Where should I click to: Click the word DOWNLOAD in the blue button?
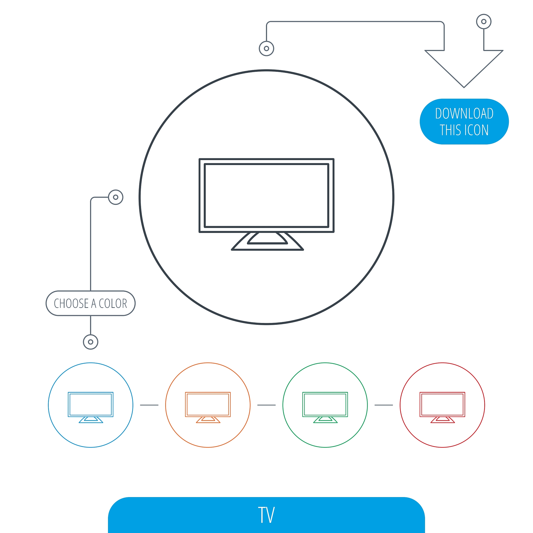[464, 113]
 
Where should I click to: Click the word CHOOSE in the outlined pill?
[71, 303]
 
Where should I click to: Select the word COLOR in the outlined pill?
[113, 303]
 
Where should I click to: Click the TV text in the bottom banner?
[266, 515]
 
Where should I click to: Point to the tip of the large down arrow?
[464, 87]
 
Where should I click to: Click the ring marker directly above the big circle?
[266, 49]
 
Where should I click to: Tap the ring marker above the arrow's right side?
[484, 22]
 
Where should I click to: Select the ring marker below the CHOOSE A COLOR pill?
[91, 342]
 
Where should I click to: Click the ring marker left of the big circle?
[116, 197]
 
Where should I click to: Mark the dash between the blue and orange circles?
[149, 405]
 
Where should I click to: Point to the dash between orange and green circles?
[266, 405]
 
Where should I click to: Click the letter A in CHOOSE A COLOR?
[93, 303]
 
